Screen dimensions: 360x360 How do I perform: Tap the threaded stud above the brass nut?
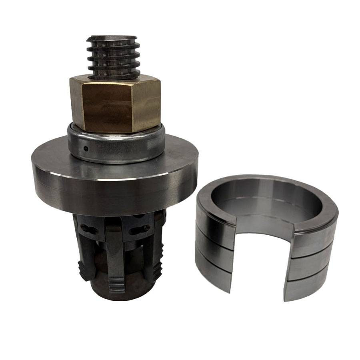(x=114, y=56)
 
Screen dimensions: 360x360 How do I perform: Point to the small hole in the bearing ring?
(x=86, y=149)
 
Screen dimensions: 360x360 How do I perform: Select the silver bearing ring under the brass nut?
(x=116, y=148)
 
